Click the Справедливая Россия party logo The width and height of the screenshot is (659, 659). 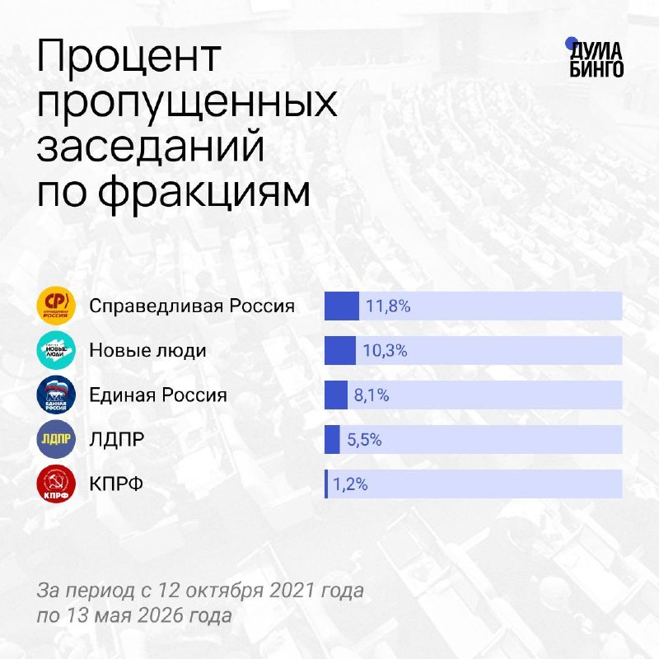click(x=56, y=306)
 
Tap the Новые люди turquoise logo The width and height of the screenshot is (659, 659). click(x=56, y=350)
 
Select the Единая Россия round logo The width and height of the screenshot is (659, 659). click(x=56, y=395)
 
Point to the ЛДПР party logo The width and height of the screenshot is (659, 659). click(x=56, y=439)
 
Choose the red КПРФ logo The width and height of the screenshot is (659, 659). click(x=56, y=484)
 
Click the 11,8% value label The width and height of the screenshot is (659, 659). click(x=388, y=306)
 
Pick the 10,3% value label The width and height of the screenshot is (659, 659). click(x=385, y=351)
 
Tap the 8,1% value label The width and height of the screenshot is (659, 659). click(x=372, y=395)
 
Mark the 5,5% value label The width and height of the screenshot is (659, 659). click(x=364, y=440)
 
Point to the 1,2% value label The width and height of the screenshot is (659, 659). click(x=350, y=484)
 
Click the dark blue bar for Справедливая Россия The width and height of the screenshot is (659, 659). click(x=342, y=306)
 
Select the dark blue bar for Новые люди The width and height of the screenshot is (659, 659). click(x=340, y=351)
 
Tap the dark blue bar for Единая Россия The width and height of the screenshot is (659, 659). click(x=336, y=395)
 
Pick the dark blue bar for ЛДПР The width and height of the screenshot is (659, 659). click(x=332, y=440)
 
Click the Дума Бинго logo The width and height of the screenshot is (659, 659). click(x=594, y=58)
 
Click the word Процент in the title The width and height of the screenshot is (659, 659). click(x=129, y=55)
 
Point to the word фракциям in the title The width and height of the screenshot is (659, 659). click(x=204, y=193)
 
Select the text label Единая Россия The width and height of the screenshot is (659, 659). click(x=158, y=395)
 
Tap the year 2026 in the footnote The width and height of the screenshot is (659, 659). click(x=161, y=615)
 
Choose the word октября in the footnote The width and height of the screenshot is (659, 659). click(x=224, y=591)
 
